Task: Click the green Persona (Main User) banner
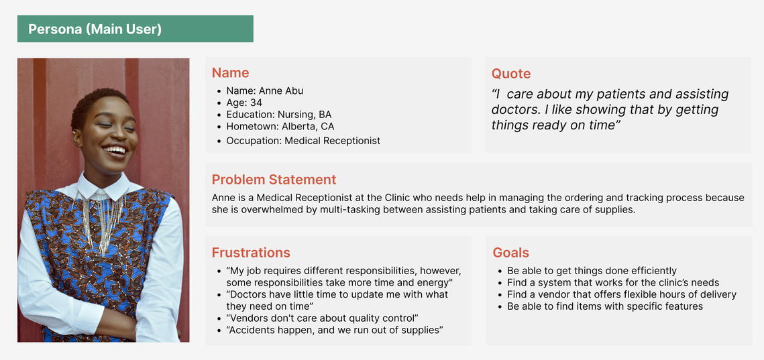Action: coord(135,29)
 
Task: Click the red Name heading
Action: coord(230,73)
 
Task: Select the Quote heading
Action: coord(510,74)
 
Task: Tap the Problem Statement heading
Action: coord(274,179)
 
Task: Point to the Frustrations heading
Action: coord(251,253)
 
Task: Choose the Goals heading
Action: coord(510,253)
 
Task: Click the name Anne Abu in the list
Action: coord(281,91)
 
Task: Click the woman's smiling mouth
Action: coord(115,151)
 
